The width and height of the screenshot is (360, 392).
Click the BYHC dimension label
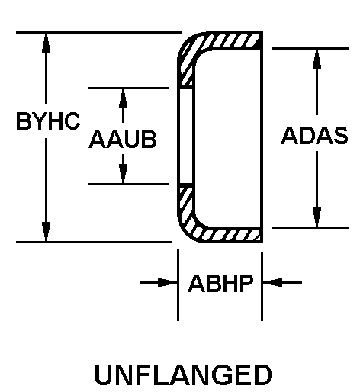click(x=48, y=121)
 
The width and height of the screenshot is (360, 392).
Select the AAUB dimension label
click(x=123, y=139)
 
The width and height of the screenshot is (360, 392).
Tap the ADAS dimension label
click(x=314, y=135)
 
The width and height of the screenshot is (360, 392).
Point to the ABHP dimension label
click(x=220, y=283)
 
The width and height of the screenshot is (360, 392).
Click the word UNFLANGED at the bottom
click(x=183, y=375)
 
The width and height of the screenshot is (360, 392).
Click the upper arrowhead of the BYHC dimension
click(x=46, y=43)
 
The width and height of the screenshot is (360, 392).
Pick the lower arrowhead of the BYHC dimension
click(x=46, y=231)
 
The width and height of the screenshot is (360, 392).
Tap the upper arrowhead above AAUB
click(x=123, y=98)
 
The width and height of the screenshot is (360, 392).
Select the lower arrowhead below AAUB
click(x=123, y=173)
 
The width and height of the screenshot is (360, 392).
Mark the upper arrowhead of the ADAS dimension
click(x=317, y=59)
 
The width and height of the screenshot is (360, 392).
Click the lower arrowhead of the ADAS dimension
click(x=317, y=217)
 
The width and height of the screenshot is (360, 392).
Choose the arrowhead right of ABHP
click(x=272, y=282)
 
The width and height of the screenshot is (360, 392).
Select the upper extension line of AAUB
click(x=128, y=88)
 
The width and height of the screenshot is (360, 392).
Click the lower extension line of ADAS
click(x=310, y=227)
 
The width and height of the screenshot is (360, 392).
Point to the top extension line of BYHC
click(x=99, y=32)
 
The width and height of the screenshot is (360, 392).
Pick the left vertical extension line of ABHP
click(x=178, y=284)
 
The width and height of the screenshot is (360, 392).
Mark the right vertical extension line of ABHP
click(x=262, y=286)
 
